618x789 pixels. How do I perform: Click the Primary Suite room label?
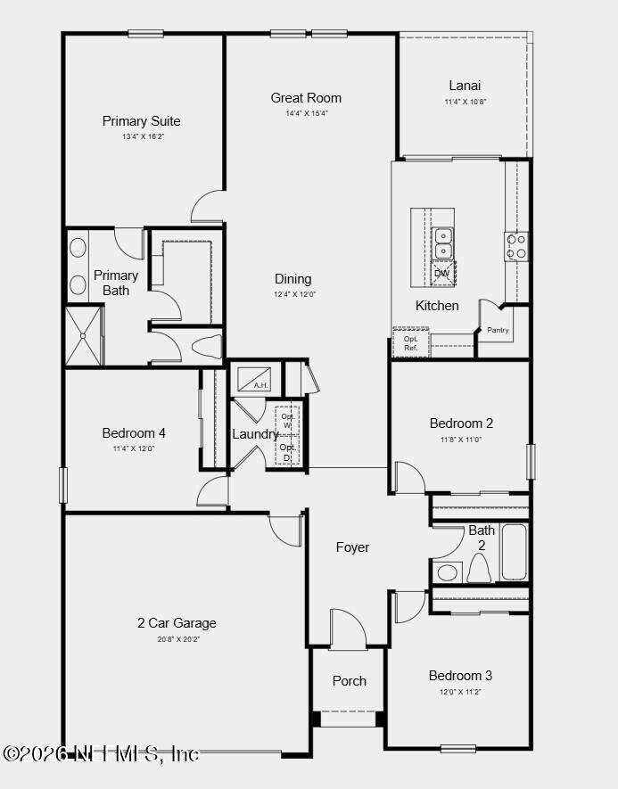pos(141,121)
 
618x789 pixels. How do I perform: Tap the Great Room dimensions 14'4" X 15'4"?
pos(306,113)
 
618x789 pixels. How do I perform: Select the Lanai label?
pos(465,86)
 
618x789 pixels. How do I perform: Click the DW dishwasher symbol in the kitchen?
pos(442,274)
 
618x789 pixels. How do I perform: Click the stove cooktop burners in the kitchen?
pos(516,246)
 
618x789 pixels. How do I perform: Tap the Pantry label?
pos(498,331)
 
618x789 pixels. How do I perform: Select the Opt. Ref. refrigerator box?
pos(411,343)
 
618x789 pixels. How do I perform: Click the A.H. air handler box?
pos(258,378)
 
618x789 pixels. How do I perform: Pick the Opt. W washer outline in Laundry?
pos(287,421)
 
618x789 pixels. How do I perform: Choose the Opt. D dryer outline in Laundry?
pos(287,452)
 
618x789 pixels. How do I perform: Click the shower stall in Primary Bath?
pos(84,336)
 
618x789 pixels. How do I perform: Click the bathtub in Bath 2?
pos(514,552)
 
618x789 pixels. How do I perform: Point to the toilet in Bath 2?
pos(480,568)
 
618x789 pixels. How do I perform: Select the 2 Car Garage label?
pos(177,623)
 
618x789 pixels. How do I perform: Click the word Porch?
pos(349,680)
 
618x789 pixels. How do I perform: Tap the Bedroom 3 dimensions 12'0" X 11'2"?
pos(460,692)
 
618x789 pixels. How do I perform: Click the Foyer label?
pos(352,547)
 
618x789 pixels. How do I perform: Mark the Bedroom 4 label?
pos(134,433)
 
